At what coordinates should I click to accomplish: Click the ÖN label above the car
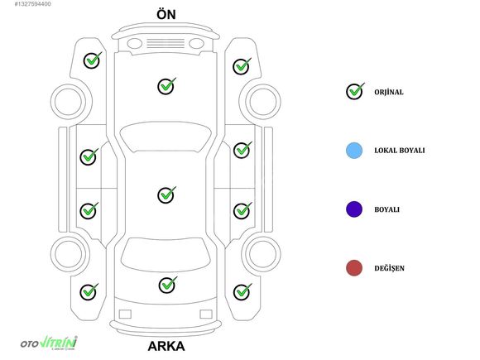point(166,14)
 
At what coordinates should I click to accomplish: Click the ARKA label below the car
point(166,346)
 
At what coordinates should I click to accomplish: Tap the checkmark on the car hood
point(166,86)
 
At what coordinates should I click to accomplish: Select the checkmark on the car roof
point(166,194)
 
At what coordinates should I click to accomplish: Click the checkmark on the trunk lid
point(167,285)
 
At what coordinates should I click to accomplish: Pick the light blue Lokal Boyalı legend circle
point(354,151)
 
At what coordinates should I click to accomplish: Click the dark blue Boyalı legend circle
point(354,209)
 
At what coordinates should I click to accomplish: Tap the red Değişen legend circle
point(354,268)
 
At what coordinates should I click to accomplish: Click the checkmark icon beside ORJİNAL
point(355,91)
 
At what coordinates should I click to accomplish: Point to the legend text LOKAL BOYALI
point(400,151)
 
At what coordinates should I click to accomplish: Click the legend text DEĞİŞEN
point(390,268)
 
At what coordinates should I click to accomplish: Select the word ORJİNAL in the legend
point(389,92)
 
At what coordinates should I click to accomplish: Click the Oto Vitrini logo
point(49,343)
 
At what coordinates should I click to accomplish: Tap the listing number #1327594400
point(33,4)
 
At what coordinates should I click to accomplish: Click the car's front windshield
point(166,137)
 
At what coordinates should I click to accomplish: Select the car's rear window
point(166,255)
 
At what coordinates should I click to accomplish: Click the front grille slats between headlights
point(166,43)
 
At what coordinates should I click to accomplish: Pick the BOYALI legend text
point(387,209)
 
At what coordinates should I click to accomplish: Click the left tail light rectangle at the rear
point(125,314)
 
